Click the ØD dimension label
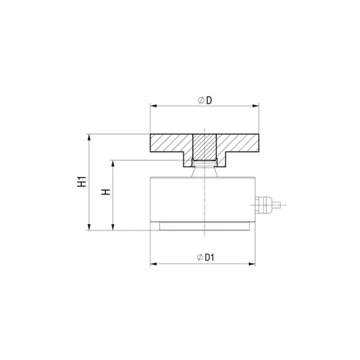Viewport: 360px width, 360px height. click(205, 100)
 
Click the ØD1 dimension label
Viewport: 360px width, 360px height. click(205, 258)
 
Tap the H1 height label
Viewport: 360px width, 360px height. click(82, 181)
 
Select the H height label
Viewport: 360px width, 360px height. click(106, 192)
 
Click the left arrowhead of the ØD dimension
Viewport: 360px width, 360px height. click(153, 106)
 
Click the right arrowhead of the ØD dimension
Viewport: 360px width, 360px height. click(256, 106)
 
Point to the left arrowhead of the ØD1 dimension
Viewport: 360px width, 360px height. click(153, 264)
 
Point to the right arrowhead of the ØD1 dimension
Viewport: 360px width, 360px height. click(252, 264)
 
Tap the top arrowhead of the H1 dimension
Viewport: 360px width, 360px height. click(89, 138)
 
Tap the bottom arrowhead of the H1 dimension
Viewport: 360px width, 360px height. click(89, 227)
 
